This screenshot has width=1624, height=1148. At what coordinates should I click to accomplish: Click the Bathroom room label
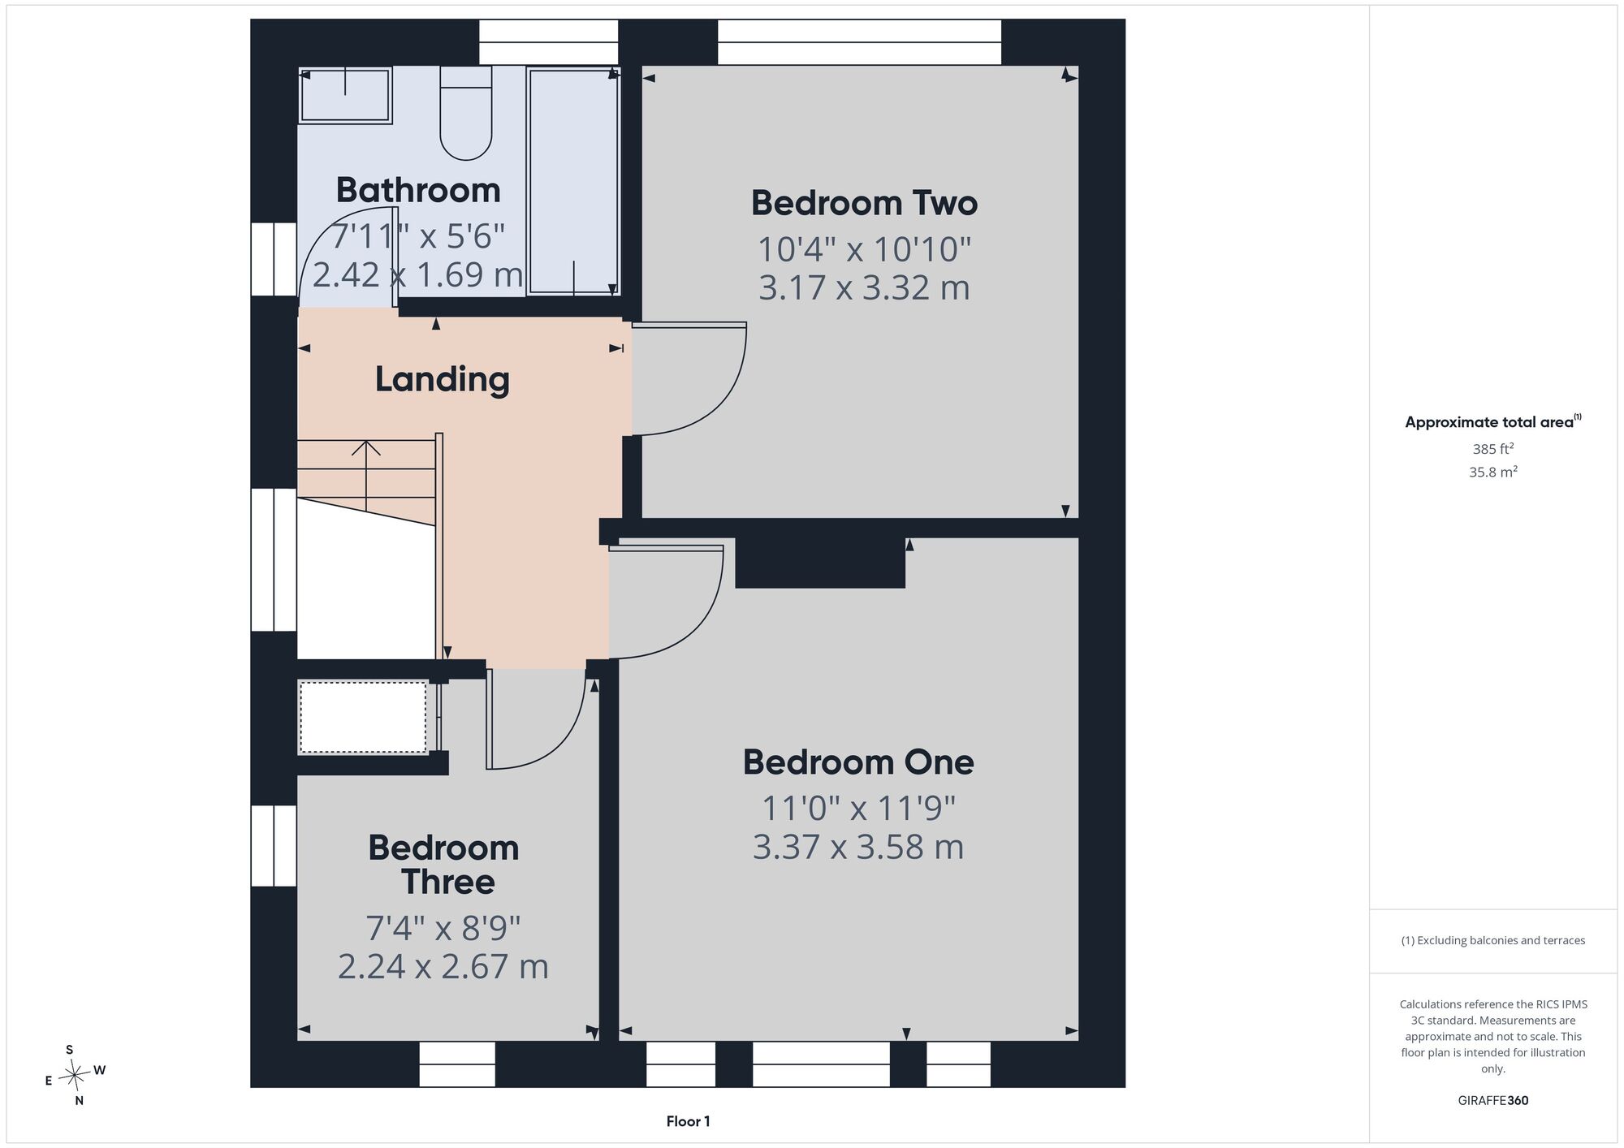click(x=418, y=190)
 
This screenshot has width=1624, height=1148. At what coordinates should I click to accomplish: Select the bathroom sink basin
click(x=346, y=96)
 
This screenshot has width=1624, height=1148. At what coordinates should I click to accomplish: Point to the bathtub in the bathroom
click(x=574, y=180)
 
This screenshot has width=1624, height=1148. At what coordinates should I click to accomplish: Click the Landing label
click(x=443, y=379)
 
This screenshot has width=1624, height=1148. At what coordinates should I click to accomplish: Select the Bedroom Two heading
click(x=864, y=203)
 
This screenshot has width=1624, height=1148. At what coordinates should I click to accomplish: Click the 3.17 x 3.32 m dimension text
click(x=864, y=288)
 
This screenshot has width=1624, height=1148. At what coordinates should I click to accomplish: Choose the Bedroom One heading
click(x=858, y=762)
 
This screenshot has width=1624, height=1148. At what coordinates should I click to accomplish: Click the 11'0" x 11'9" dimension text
click(x=858, y=808)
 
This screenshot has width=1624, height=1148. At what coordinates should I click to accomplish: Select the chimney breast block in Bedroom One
click(x=820, y=563)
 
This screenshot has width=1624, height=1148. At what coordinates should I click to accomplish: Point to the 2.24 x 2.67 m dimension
click(x=443, y=966)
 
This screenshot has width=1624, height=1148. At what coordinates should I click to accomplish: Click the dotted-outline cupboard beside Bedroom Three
click(x=363, y=718)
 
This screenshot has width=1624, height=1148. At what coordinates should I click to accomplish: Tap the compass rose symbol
click(x=75, y=1076)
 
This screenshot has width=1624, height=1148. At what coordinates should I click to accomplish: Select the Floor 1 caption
click(x=688, y=1121)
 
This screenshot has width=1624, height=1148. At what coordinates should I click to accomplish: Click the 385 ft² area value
click(x=1493, y=448)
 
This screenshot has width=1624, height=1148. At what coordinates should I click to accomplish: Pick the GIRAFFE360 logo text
click(x=1492, y=1101)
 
